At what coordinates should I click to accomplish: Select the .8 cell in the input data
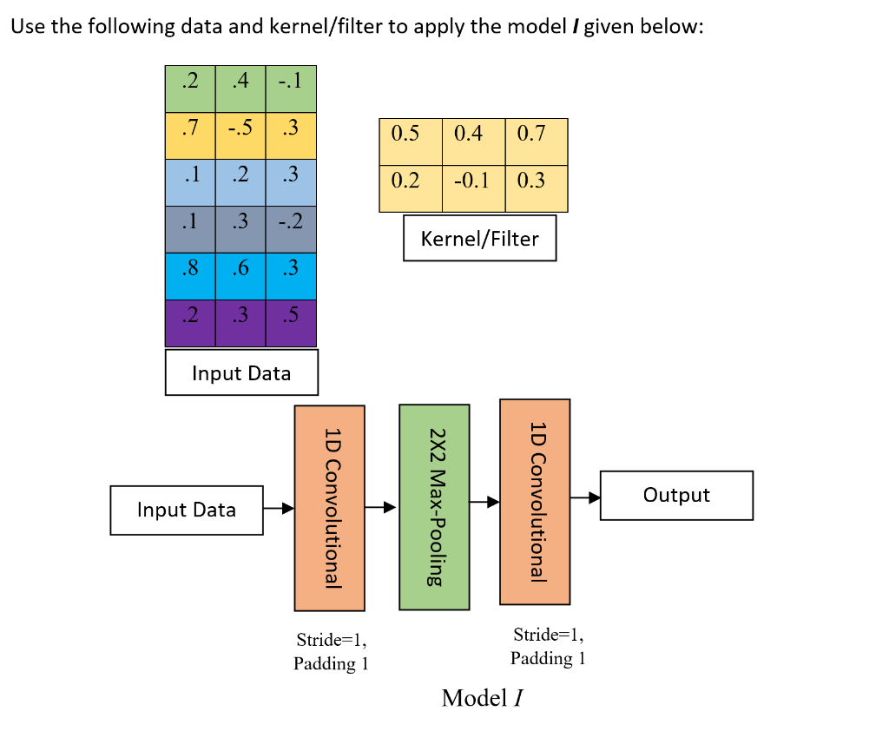click(190, 268)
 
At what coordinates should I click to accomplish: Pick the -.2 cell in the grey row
click(291, 221)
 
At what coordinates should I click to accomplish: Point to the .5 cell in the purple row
click(291, 315)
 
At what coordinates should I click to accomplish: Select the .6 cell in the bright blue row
click(240, 268)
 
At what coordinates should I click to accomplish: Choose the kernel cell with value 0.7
click(537, 134)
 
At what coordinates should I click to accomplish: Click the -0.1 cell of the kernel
click(473, 181)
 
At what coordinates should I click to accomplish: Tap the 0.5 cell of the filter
click(410, 134)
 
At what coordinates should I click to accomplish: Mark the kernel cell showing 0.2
click(410, 181)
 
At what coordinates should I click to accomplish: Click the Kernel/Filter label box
click(479, 238)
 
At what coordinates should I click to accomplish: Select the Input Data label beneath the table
click(241, 373)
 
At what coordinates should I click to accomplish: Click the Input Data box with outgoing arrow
click(187, 510)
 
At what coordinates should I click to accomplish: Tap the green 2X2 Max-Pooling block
click(434, 506)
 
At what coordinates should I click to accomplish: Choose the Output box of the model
click(676, 495)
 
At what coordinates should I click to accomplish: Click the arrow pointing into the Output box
click(585, 498)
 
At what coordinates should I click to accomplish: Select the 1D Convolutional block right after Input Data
click(330, 508)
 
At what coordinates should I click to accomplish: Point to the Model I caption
click(481, 697)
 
